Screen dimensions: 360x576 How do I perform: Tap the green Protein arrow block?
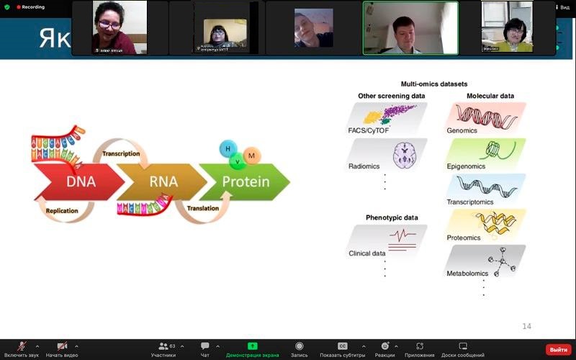click(x=245, y=181)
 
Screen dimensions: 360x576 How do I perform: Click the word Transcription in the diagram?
click(x=121, y=153)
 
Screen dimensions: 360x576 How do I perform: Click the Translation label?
click(x=202, y=208)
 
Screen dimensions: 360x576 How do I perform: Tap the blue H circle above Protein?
click(x=228, y=148)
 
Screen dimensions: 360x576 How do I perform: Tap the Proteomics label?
click(x=464, y=237)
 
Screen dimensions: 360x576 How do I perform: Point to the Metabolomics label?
click(x=467, y=274)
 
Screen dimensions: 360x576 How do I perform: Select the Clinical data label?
click(x=367, y=253)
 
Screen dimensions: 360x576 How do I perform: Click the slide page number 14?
click(x=526, y=326)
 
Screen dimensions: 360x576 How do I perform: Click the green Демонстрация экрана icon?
click(x=252, y=346)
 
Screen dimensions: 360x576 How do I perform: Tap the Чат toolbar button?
click(x=205, y=349)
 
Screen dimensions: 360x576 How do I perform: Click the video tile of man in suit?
click(x=410, y=27)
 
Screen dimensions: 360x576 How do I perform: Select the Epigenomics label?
click(x=466, y=166)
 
